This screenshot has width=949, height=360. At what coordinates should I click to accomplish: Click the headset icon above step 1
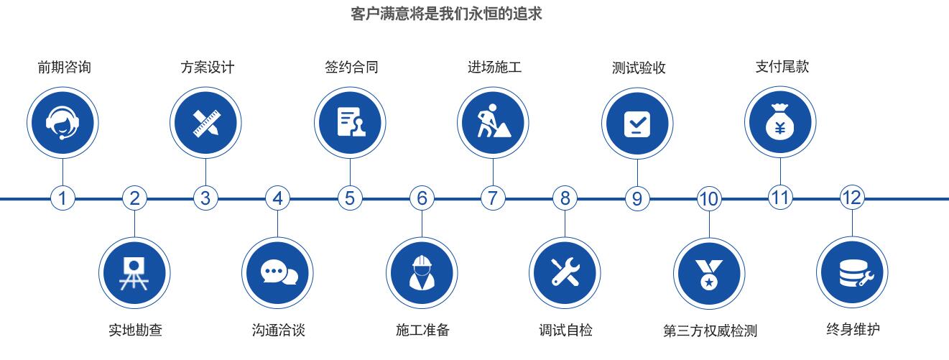click(63, 122)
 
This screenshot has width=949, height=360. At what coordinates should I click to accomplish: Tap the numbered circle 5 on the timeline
click(350, 198)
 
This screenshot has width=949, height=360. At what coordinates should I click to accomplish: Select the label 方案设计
click(207, 68)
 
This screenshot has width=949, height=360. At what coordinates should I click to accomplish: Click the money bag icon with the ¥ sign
click(780, 122)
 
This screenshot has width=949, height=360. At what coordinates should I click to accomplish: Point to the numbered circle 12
click(851, 198)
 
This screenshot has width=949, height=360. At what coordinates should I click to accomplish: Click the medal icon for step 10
click(708, 273)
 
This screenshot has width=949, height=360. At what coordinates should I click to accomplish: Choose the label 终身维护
click(853, 330)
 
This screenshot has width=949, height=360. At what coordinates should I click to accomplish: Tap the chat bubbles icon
click(278, 273)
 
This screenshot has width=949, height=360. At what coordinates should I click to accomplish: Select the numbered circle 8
click(565, 198)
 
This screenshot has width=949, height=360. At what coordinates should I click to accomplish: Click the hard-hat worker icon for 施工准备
click(422, 273)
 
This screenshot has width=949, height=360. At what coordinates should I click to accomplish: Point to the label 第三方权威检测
click(710, 331)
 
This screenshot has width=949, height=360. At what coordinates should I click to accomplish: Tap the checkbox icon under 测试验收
click(637, 122)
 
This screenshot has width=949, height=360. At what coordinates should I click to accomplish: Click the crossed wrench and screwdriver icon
click(565, 273)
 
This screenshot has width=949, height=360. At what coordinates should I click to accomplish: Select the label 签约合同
click(351, 68)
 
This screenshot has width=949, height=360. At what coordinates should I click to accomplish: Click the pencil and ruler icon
click(206, 122)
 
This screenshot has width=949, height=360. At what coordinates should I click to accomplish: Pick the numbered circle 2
click(134, 198)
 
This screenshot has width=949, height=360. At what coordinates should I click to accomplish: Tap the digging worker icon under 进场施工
click(494, 122)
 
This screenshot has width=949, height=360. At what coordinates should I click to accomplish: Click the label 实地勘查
click(135, 331)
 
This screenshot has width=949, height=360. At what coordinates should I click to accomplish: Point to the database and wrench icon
click(852, 273)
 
